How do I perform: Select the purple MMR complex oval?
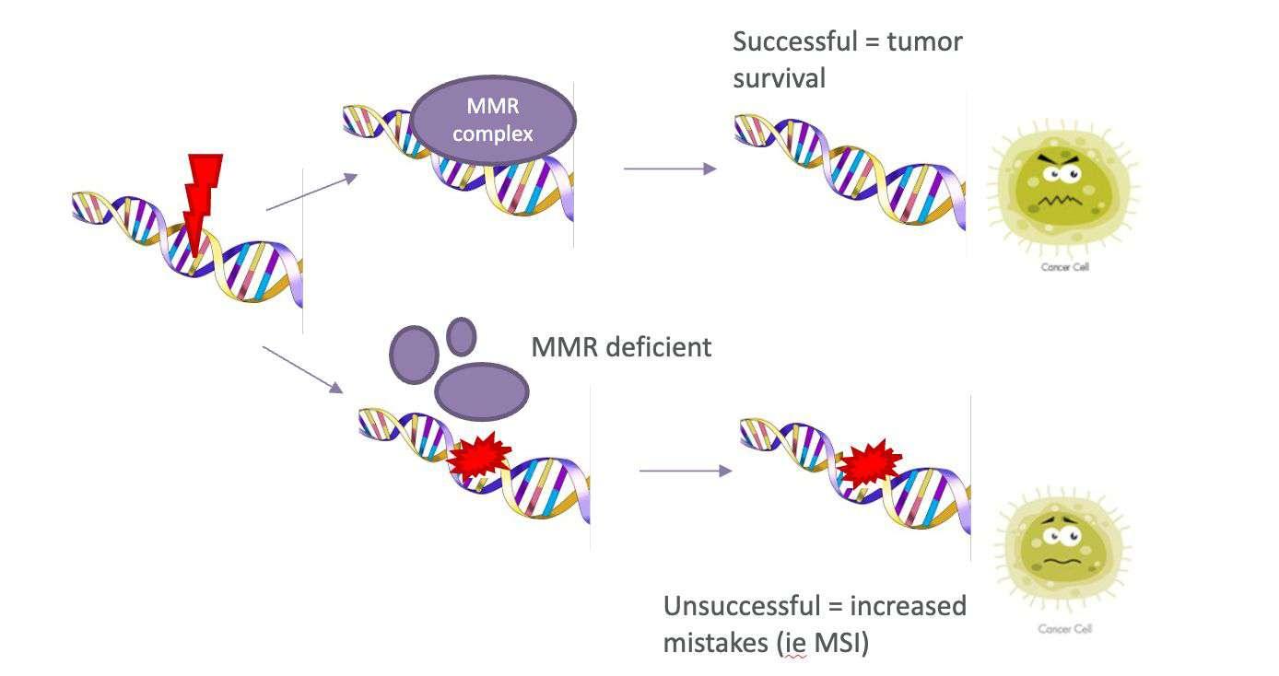pyautogui.click(x=493, y=120)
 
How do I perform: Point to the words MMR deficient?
pyautogui.click(x=621, y=347)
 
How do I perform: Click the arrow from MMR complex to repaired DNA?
pyautogui.click(x=670, y=169)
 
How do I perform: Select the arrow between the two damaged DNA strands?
pyautogui.click(x=685, y=471)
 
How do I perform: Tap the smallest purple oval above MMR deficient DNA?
pyautogui.click(x=461, y=336)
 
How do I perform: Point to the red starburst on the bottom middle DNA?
pyautogui.click(x=478, y=455)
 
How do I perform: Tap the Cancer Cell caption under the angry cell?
pyautogui.click(x=1064, y=268)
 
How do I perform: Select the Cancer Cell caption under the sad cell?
pyautogui.click(x=1063, y=630)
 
